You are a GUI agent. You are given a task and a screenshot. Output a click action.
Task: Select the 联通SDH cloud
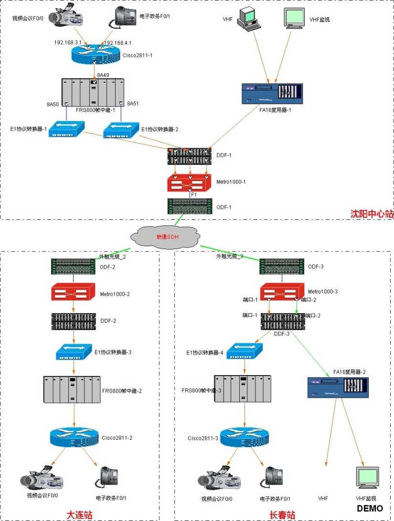click(x=164, y=237)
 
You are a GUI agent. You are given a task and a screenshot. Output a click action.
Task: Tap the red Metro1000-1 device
click(x=190, y=183)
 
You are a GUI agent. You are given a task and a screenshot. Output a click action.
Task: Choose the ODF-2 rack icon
click(x=73, y=266)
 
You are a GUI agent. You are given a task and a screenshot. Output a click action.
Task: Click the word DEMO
click(x=370, y=508)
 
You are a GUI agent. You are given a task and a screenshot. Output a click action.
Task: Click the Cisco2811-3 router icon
click(x=244, y=437)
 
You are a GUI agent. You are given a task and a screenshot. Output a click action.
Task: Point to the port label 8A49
click(x=103, y=75)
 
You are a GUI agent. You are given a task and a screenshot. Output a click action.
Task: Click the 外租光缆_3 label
click(x=230, y=257)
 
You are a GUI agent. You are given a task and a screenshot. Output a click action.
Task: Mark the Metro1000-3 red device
click(x=282, y=291)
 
